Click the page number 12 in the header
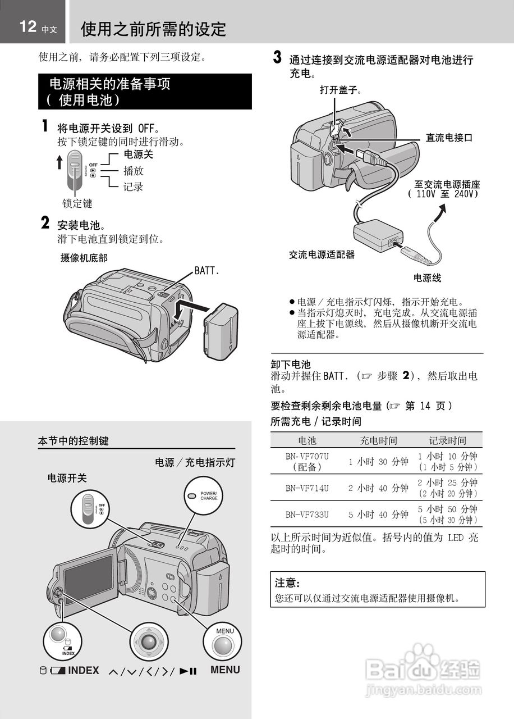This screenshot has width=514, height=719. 28,26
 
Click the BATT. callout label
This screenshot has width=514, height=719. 207,271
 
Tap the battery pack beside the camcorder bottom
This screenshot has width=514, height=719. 221,332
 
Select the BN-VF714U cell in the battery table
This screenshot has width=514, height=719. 307,488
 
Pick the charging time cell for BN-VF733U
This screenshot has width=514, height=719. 378,515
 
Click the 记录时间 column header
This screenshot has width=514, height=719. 448,440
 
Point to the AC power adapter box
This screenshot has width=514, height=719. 378,235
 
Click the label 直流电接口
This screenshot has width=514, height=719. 449,138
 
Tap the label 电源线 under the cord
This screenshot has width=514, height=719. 427,277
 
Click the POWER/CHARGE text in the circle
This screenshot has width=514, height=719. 209,496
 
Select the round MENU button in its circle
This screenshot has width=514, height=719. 223,646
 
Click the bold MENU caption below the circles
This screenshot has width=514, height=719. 225,670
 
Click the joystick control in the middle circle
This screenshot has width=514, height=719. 149,642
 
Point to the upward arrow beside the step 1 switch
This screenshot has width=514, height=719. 59,162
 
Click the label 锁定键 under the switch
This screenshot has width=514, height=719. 77,203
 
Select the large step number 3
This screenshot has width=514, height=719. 277,57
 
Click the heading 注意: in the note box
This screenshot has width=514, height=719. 287,583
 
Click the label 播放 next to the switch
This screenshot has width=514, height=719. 134,170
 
